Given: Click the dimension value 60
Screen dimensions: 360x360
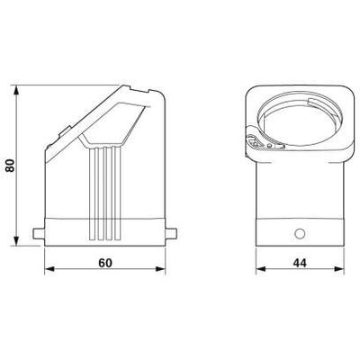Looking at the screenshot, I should pos(104,263).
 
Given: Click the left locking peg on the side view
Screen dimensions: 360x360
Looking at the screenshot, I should pos(38,237).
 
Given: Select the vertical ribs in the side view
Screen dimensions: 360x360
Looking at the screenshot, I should pos(103,189).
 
